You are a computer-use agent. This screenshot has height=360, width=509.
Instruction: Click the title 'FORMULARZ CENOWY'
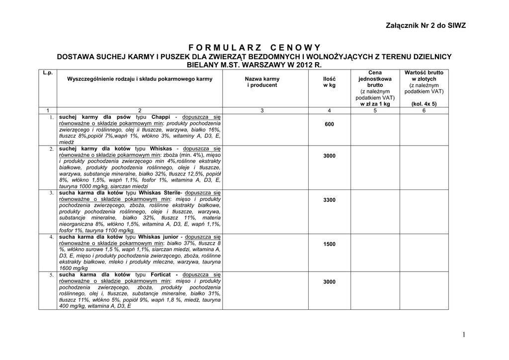point(254,48)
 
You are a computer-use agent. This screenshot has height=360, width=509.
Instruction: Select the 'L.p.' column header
point(48,73)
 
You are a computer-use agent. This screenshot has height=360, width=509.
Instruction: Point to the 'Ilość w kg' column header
point(329,82)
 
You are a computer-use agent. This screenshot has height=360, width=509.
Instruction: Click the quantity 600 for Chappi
point(329,124)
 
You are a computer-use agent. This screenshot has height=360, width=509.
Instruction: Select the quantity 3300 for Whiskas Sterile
point(329,200)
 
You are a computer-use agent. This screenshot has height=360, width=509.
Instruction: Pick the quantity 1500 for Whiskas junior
point(329,244)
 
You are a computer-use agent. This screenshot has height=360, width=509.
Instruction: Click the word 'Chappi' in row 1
point(161,117)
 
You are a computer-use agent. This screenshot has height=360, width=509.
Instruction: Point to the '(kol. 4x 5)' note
point(424,104)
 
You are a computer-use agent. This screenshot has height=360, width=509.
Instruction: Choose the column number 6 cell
point(424,110)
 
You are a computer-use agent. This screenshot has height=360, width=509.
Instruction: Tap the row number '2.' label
point(51,149)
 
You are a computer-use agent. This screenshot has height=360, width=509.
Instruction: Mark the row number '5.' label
point(51,275)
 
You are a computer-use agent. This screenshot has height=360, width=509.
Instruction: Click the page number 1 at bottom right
point(464,335)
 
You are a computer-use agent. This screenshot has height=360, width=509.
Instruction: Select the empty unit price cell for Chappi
point(376,129)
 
